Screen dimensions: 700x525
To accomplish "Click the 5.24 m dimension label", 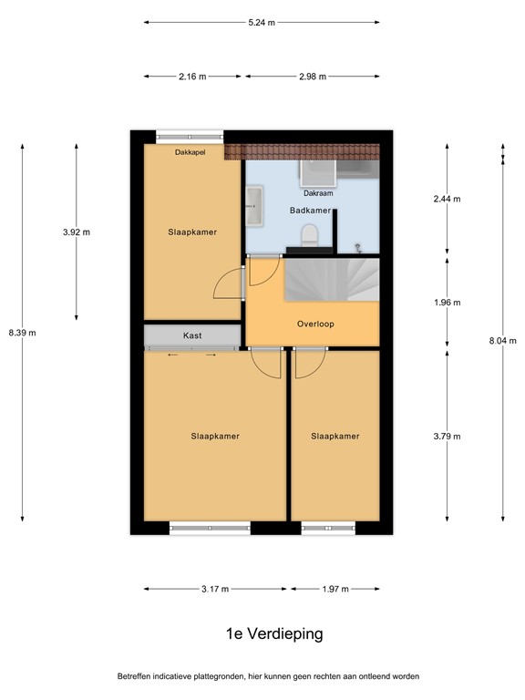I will [x=262, y=22].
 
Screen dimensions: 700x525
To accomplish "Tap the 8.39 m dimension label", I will [x=22, y=333].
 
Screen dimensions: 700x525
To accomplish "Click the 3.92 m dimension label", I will [x=77, y=232].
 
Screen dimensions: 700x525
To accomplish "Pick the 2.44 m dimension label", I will [x=447, y=199].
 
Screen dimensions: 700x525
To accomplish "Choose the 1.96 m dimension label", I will [x=447, y=303].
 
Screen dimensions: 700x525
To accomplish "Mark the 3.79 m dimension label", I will [x=447, y=436].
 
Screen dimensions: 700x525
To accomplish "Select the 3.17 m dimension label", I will [x=214, y=589].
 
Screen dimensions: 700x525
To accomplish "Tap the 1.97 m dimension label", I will [x=335, y=589].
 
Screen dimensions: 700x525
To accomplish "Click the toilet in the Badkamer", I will [x=310, y=236].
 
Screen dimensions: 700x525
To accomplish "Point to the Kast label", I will [x=192, y=336].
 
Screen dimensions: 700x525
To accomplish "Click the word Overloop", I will [x=315, y=324].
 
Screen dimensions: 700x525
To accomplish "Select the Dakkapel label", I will [x=190, y=153].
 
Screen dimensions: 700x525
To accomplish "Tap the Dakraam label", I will [x=318, y=193].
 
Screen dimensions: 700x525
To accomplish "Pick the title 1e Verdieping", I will [x=262, y=633].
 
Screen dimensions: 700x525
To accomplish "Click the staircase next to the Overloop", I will [x=331, y=279].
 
